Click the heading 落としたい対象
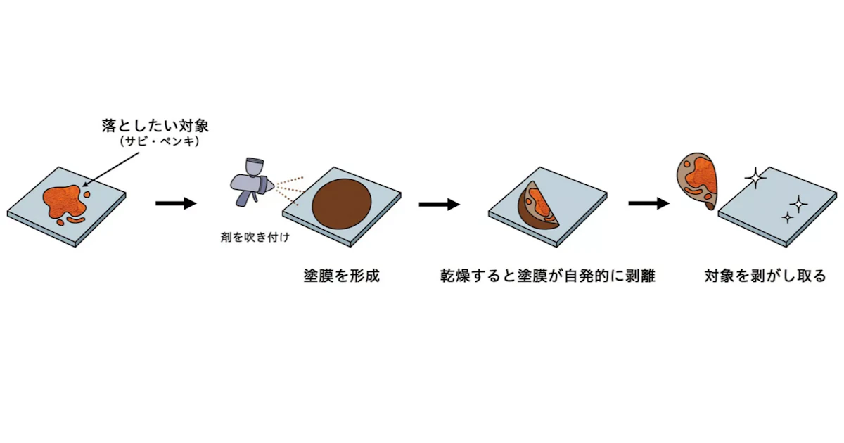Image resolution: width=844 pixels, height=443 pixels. [x=155, y=126]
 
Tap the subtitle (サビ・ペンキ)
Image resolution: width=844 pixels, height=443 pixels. [x=160, y=141]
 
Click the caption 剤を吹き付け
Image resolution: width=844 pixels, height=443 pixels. [x=255, y=238]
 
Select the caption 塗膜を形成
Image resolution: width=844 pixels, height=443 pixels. [x=341, y=276]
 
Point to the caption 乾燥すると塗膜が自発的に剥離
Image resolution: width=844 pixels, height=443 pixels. [x=548, y=276]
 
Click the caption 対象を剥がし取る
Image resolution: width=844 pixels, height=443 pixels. [x=765, y=276]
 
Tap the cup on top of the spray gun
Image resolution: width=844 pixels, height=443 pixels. [x=255, y=167]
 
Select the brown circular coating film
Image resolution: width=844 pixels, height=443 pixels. [x=341, y=204]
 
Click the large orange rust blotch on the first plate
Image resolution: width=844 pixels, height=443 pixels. [x=63, y=201]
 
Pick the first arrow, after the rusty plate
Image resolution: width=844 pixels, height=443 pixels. [x=176, y=203]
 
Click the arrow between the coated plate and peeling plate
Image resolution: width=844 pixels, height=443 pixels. [x=440, y=204]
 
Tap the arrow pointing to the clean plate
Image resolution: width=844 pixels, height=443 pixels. [x=648, y=203]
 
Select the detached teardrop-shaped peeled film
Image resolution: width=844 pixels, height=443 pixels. [x=698, y=181]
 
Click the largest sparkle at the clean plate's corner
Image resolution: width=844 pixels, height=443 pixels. [x=755, y=178]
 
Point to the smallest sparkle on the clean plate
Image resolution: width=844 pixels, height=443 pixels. [x=787, y=217]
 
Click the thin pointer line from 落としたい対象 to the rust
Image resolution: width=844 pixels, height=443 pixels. [x=110, y=169]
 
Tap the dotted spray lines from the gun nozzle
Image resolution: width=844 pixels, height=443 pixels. [x=289, y=191]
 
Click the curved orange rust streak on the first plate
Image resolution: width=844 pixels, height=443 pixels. [x=76, y=219]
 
